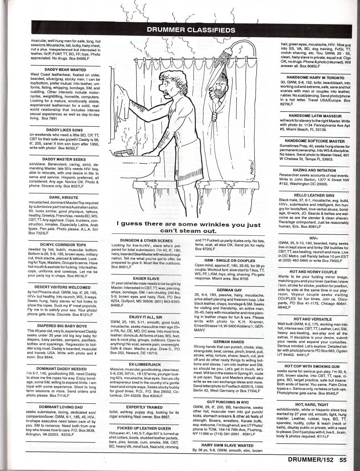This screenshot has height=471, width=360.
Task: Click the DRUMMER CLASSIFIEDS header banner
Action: click(x=191, y=30)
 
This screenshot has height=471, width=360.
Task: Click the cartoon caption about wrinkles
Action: click(x=191, y=227)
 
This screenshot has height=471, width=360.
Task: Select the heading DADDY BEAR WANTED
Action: click(x=66, y=70)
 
